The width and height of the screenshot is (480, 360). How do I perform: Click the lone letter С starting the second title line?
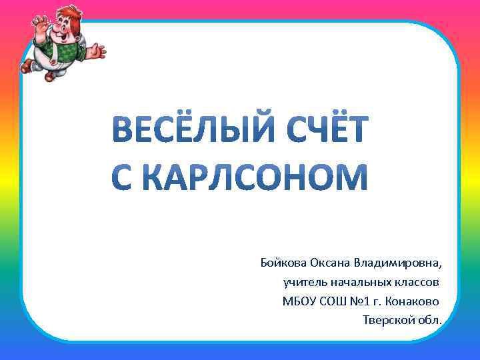click(124, 177)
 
